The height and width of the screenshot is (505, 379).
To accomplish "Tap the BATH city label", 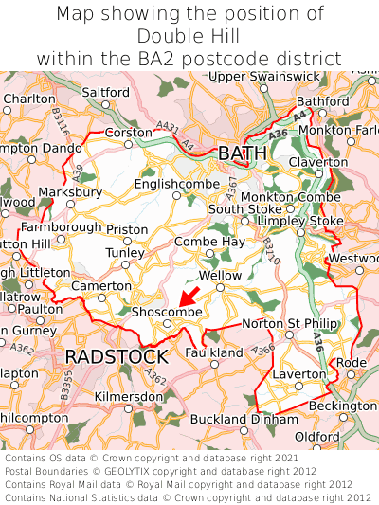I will (243, 153).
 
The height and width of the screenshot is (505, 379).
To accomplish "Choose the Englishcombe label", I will (176, 184).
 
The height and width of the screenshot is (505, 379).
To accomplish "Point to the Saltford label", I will (106, 92).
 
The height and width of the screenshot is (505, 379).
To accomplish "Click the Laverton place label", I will (298, 374).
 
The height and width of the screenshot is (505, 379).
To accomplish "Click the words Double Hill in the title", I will (189, 35).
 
